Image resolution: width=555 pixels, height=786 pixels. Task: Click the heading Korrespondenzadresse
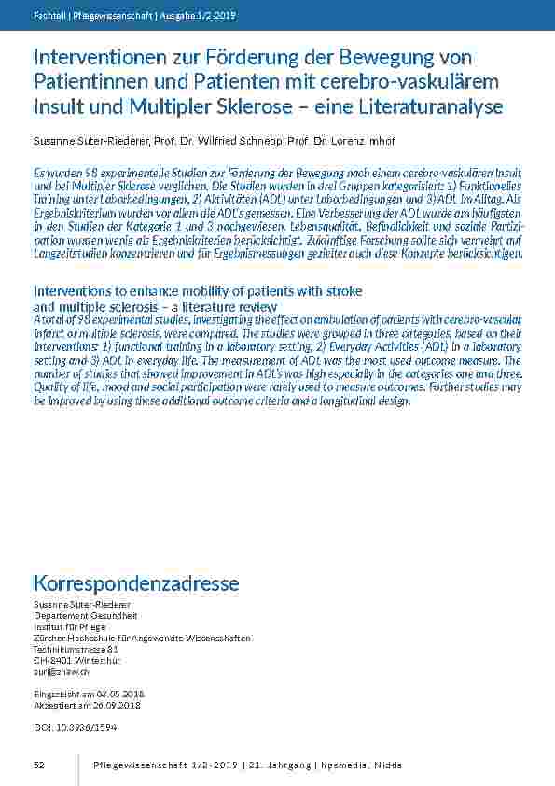(136, 583)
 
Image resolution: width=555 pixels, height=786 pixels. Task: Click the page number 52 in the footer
(39, 765)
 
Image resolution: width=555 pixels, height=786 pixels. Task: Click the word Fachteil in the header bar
(48, 15)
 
